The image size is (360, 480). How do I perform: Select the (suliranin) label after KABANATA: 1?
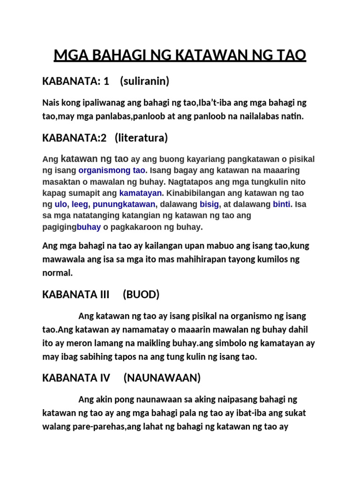(x=144, y=82)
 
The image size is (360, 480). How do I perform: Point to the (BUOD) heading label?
(x=141, y=294)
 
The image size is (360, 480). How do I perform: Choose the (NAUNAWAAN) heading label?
(x=162, y=377)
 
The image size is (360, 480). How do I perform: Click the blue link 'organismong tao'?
(x=112, y=170)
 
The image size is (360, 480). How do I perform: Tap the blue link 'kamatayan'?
(x=141, y=193)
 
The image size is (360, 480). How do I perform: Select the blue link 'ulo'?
(x=61, y=204)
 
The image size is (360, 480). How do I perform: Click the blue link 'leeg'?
(x=81, y=204)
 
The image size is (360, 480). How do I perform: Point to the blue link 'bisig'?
(x=209, y=204)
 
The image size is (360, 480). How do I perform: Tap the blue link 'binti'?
(x=281, y=204)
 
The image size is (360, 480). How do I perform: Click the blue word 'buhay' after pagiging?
(x=89, y=227)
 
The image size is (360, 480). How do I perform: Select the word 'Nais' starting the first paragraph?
(x=51, y=103)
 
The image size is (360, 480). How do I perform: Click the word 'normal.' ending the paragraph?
(x=58, y=273)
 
